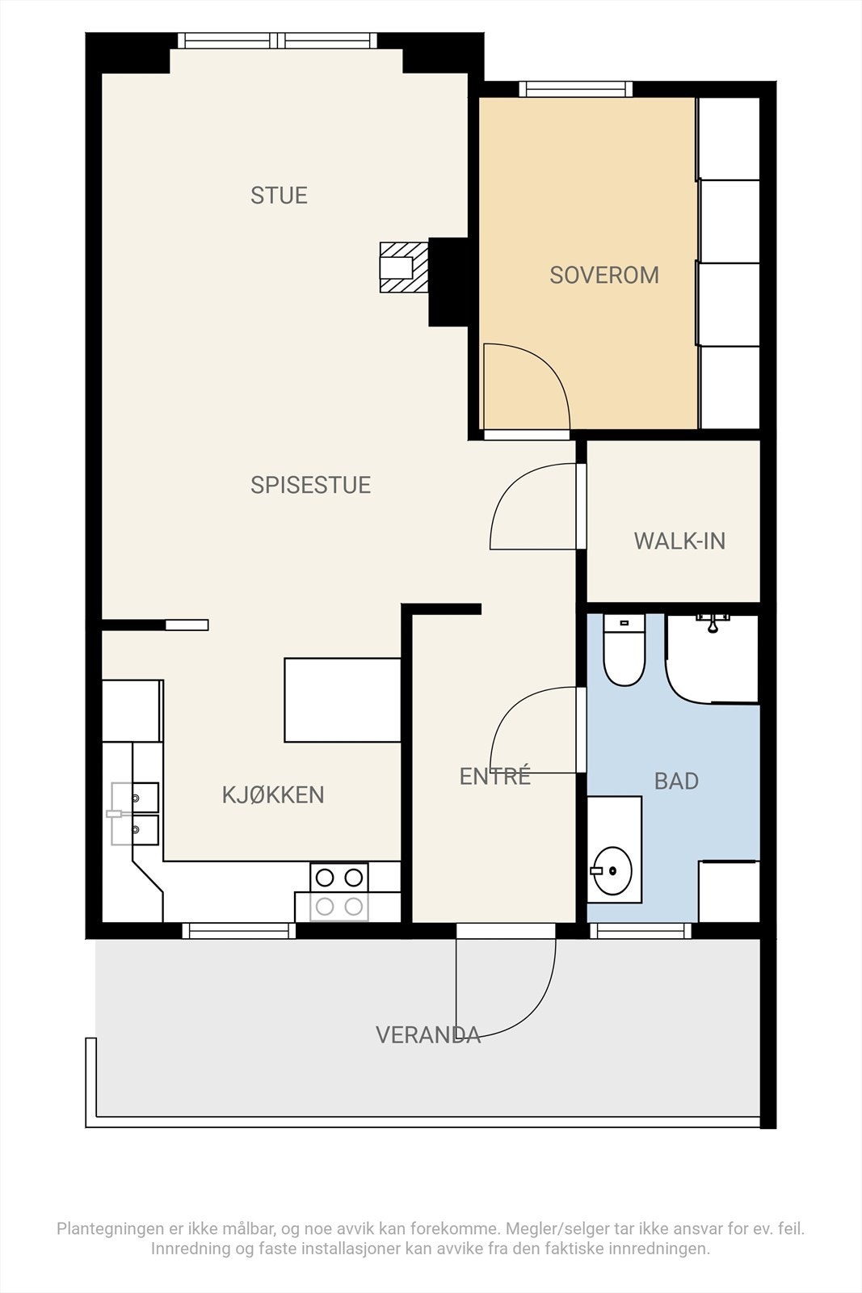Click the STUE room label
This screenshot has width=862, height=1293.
pyautogui.click(x=279, y=196)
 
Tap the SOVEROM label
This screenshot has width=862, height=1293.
pyautogui.click(x=604, y=276)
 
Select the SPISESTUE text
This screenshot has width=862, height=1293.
pyautogui.click(x=310, y=485)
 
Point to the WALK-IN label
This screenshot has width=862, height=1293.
pyautogui.click(x=679, y=541)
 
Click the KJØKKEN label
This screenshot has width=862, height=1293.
pyautogui.click(x=273, y=795)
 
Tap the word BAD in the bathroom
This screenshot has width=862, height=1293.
pyautogui.click(x=676, y=781)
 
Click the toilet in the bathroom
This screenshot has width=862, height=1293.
pyautogui.click(x=624, y=650)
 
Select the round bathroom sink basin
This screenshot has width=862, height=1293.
pyautogui.click(x=612, y=870)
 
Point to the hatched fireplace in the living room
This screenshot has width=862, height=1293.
pyautogui.click(x=404, y=267)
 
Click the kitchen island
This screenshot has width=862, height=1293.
pyautogui.click(x=343, y=700)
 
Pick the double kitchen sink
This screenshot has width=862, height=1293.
pyautogui.click(x=135, y=814)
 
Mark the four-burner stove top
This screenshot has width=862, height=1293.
pyautogui.click(x=339, y=892)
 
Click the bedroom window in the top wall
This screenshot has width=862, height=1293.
pyautogui.click(x=575, y=89)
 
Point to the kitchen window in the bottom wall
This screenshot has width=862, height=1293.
pyautogui.click(x=239, y=930)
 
